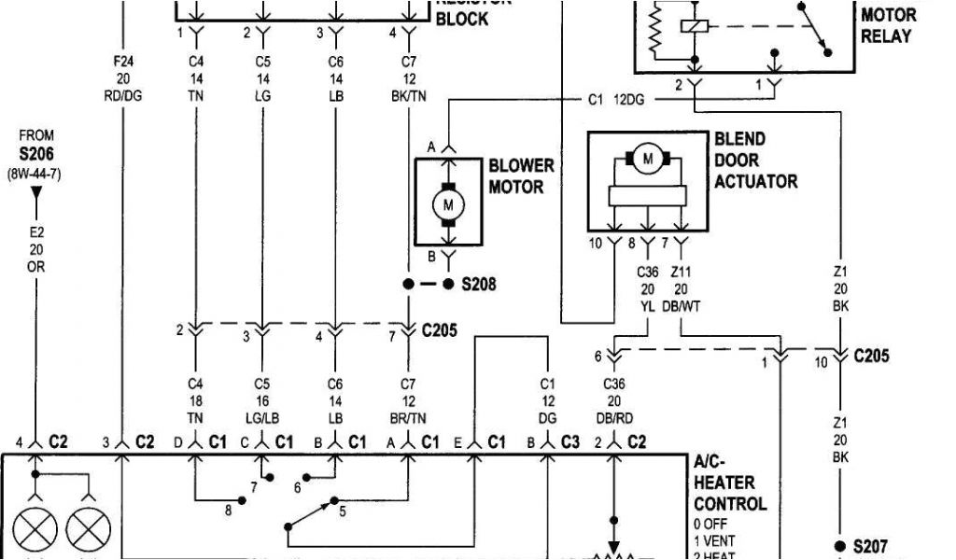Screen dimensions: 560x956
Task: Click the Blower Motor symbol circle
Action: (x=447, y=204)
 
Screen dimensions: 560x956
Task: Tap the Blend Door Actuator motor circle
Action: (x=647, y=160)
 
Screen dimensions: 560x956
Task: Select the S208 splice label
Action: (x=478, y=284)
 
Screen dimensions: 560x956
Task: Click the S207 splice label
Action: (x=870, y=546)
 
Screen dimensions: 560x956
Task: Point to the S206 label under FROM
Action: (x=36, y=153)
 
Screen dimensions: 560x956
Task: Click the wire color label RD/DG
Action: (x=123, y=94)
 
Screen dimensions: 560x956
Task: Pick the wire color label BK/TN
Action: (x=408, y=94)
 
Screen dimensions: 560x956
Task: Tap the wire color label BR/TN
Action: (x=408, y=417)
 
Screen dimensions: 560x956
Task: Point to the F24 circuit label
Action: (x=123, y=63)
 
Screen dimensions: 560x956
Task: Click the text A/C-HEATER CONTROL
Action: (x=730, y=483)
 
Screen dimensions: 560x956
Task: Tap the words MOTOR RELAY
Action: (x=887, y=26)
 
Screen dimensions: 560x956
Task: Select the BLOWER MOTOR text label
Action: (x=521, y=175)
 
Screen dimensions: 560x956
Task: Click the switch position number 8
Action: (x=227, y=511)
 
